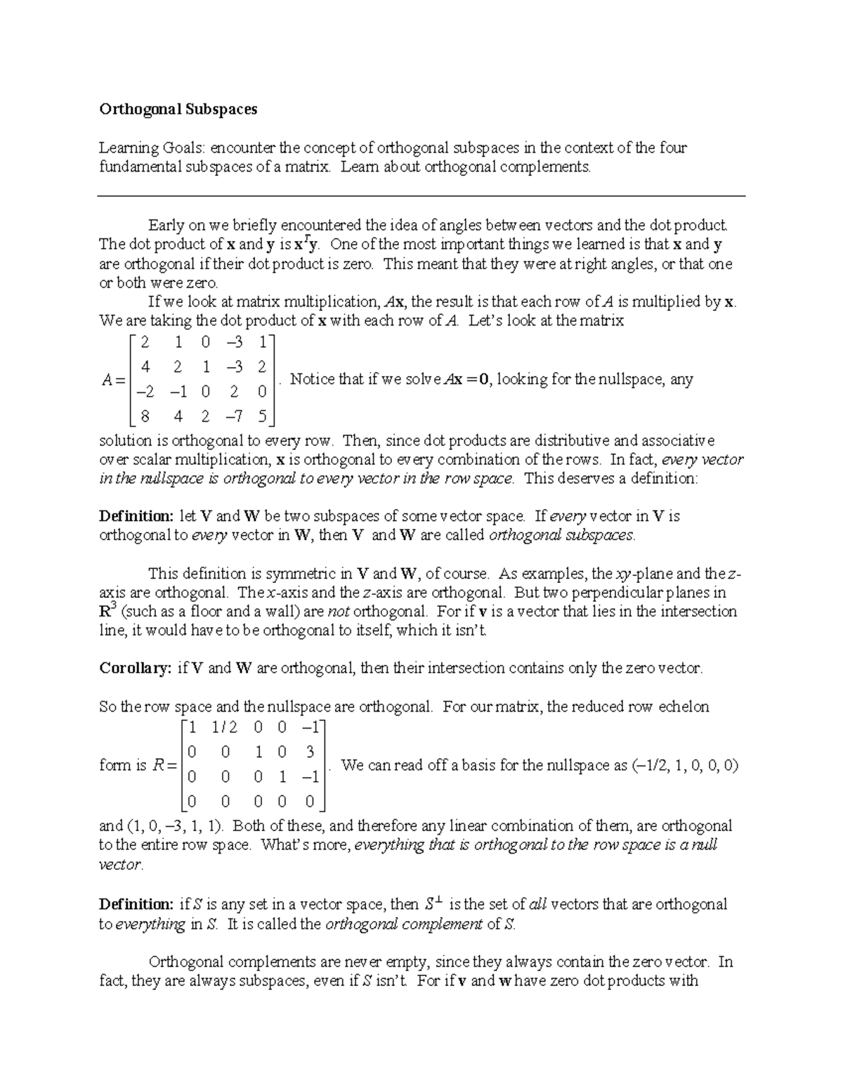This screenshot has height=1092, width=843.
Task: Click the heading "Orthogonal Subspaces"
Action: pos(178,109)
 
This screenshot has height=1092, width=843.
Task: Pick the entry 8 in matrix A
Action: pos(145,416)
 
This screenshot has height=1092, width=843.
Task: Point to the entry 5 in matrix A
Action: pos(262,416)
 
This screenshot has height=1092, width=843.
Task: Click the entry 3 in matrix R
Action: pos(310,752)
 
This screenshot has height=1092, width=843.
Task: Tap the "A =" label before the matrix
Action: pos(112,380)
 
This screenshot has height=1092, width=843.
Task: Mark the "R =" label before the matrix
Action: pos(164,766)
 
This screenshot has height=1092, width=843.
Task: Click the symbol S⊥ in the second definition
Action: pos(435,904)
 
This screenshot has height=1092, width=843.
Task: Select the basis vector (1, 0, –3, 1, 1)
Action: pos(176,826)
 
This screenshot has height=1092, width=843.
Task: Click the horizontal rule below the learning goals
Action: pos(421,196)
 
